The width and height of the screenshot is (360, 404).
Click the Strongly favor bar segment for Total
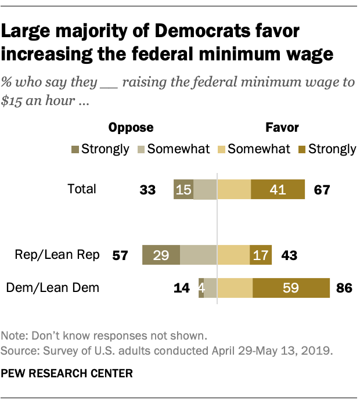point(278,189)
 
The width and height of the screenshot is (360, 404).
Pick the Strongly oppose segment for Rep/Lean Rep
point(161,255)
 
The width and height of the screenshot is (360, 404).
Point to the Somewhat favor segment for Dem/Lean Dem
point(235,287)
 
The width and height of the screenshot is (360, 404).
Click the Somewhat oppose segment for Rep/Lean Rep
point(198,255)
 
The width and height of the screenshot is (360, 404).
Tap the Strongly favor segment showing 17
point(260,255)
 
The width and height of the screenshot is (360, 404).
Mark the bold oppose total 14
point(182,287)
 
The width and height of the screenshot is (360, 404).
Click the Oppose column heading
point(131,127)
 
